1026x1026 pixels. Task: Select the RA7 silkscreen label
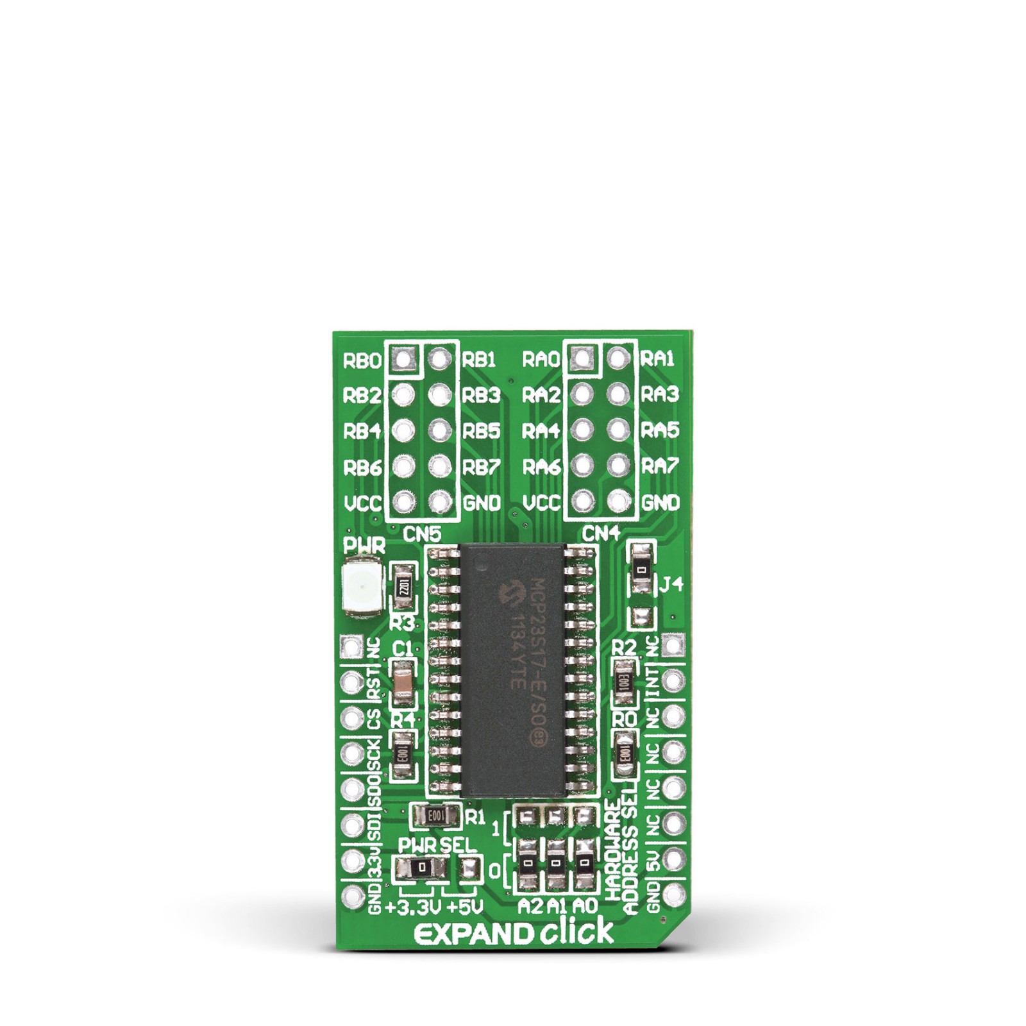pos(660,467)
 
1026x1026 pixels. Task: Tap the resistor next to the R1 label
pos(436,816)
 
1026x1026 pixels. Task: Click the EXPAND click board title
pos(513,934)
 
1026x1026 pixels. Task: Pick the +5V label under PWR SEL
pos(464,907)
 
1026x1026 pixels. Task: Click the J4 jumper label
pos(672,585)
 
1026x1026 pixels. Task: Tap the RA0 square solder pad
pos(581,358)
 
